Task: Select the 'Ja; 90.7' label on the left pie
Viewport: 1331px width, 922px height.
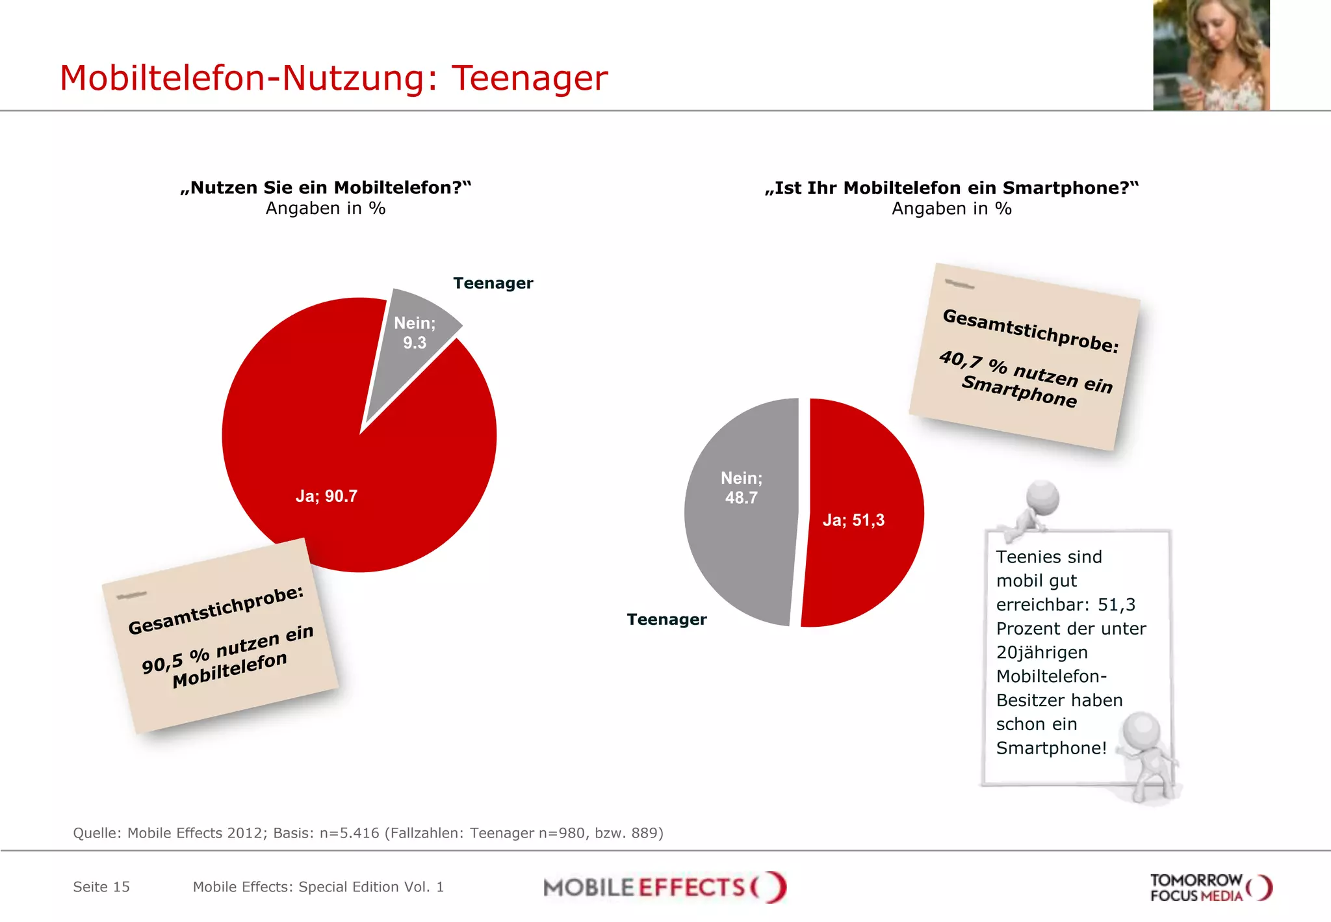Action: (326, 496)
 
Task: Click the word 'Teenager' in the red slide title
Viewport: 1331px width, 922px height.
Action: (529, 78)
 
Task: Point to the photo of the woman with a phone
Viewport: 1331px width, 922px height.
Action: (1211, 55)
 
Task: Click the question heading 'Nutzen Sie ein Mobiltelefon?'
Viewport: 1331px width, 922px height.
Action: (326, 188)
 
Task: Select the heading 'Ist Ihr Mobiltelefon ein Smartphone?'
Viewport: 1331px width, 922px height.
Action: (951, 188)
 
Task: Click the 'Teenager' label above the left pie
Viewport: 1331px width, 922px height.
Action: (493, 283)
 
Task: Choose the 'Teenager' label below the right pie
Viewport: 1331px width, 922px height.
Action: (666, 620)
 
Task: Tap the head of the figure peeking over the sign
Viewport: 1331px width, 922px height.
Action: (1042, 498)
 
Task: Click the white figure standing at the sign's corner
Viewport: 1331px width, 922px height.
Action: (1148, 754)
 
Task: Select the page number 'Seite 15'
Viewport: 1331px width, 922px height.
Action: (101, 887)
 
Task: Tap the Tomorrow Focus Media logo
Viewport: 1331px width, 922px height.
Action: (1210, 888)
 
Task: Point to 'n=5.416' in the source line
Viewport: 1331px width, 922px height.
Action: (349, 834)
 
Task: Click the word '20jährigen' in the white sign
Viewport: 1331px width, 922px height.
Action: (1042, 653)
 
